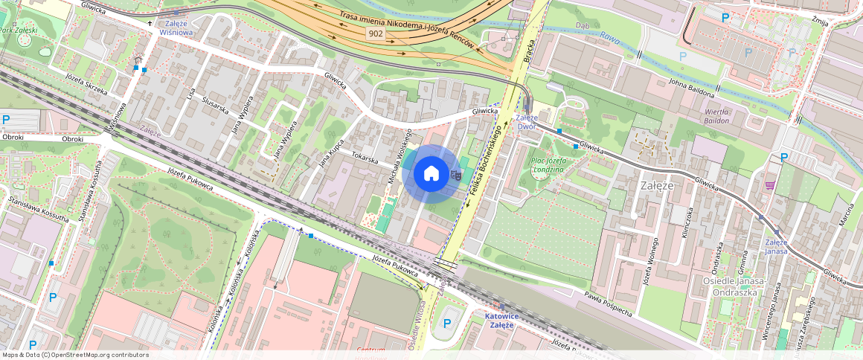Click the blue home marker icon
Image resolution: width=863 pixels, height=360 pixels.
(431, 174)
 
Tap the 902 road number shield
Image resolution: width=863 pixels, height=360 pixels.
(376, 33)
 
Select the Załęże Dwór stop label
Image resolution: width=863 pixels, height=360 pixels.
(527, 122)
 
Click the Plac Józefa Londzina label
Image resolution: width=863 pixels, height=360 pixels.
(547, 164)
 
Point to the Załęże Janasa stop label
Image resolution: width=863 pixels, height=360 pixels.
(776, 246)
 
